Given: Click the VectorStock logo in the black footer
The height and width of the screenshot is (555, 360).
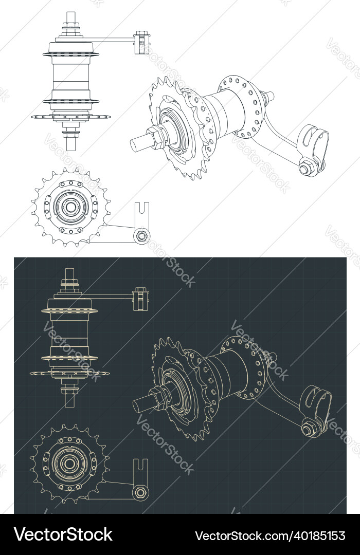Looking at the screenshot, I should coord(63,534).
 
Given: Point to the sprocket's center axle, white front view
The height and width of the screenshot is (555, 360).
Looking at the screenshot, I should coord(69,207).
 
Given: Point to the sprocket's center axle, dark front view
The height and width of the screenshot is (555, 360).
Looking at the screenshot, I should coord(68,464).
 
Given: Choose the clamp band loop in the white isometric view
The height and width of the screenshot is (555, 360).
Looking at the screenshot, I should coord(313,139).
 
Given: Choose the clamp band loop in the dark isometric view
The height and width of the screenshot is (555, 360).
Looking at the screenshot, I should coord(316,398).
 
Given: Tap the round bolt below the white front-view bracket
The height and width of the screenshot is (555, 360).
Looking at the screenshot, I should coord(140,236).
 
